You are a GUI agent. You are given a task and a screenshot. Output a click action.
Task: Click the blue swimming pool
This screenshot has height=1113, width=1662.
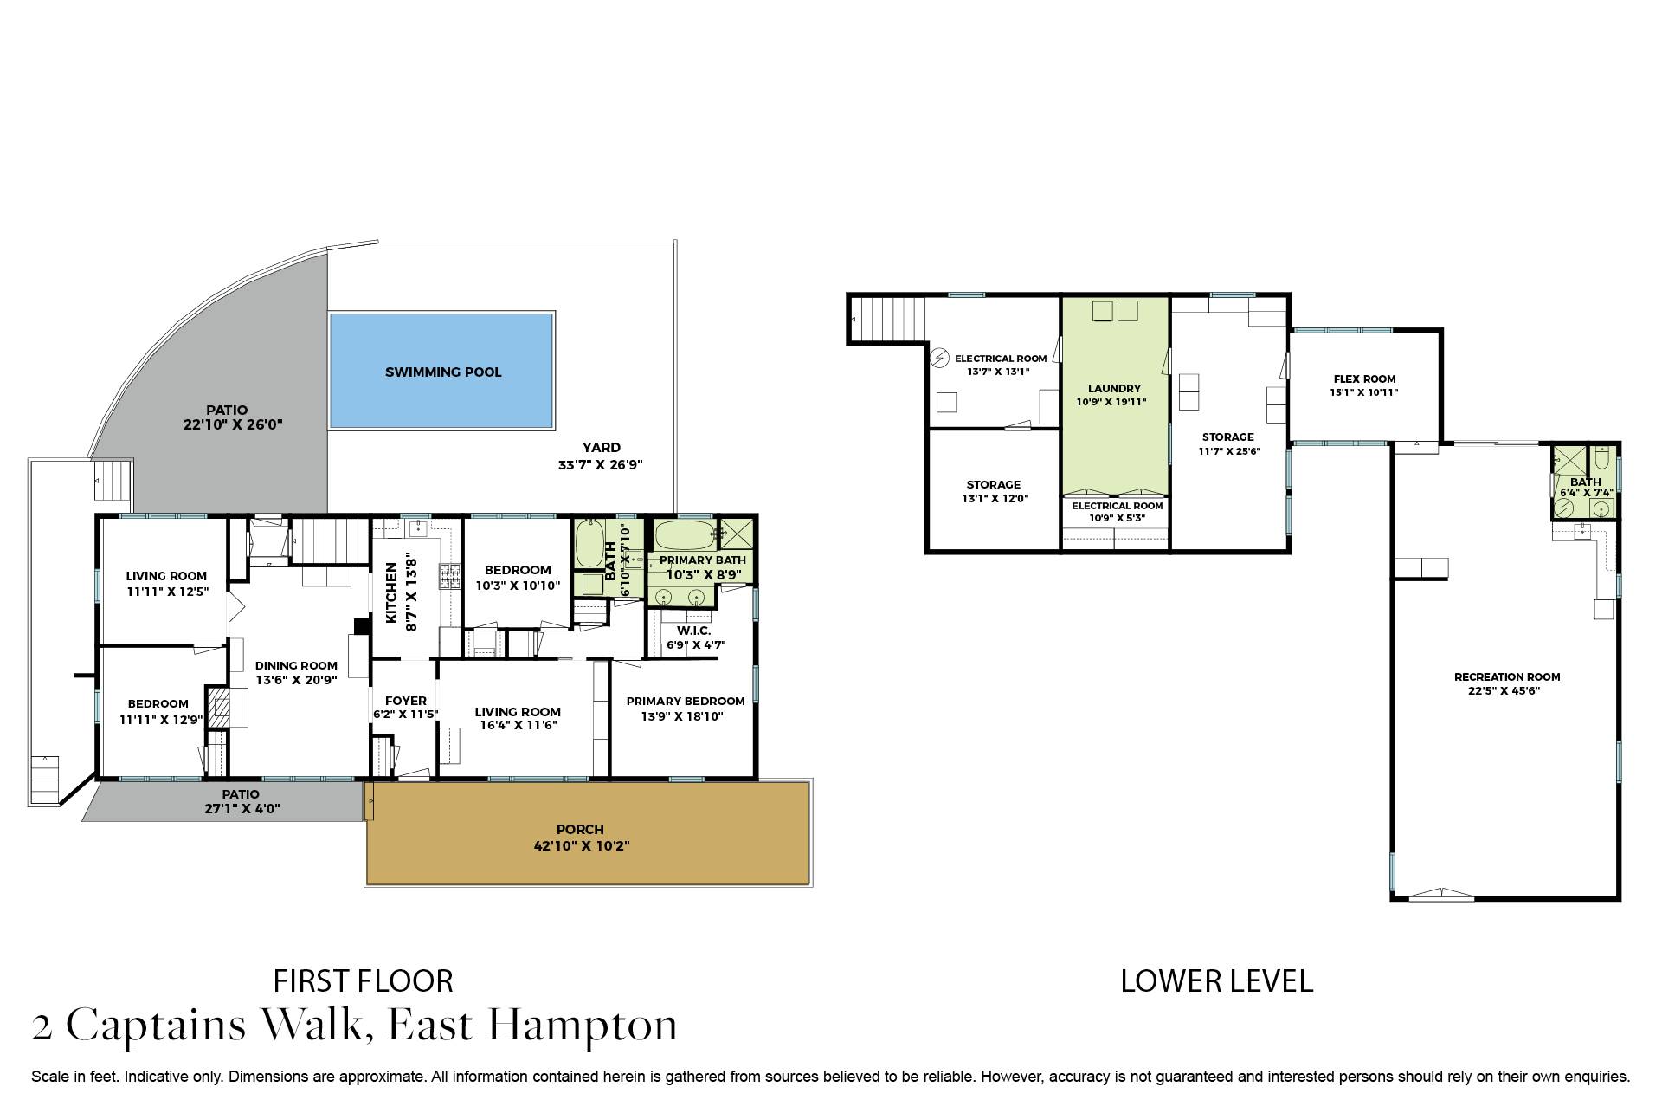tap(441, 371)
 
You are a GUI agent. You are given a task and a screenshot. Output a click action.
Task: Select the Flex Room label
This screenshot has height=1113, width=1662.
tap(1364, 379)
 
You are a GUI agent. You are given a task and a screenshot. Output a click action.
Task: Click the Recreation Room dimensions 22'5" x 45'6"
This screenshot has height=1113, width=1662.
tap(1507, 691)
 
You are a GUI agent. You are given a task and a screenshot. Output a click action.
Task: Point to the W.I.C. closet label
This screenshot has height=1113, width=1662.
tap(694, 631)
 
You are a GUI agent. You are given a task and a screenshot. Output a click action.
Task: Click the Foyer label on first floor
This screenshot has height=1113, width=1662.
tap(405, 701)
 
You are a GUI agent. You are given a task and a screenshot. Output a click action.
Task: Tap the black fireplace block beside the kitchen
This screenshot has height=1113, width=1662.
tap(362, 626)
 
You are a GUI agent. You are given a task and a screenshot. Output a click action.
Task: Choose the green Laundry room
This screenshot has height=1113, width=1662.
tap(1114, 394)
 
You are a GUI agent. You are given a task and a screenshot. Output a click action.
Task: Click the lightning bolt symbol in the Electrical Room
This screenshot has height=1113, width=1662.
tap(939, 357)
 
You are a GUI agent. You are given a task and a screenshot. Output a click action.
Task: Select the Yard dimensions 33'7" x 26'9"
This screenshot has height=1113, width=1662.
tap(600, 465)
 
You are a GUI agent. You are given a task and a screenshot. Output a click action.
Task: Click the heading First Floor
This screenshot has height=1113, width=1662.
tap(363, 980)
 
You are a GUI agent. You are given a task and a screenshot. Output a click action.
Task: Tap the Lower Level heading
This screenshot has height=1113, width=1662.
tap(1216, 980)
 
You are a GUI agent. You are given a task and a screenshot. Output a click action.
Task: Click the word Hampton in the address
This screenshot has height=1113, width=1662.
tap(582, 1026)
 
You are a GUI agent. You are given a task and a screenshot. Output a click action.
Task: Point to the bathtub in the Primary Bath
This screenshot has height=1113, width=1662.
tap(684, 532)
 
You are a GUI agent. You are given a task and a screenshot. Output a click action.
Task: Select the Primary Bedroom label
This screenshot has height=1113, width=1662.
tap(685, 701)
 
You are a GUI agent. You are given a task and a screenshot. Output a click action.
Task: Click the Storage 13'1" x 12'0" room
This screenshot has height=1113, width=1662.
tap(993, 491)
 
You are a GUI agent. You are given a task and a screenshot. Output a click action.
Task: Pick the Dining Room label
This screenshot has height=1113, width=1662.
tap(296, 666)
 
